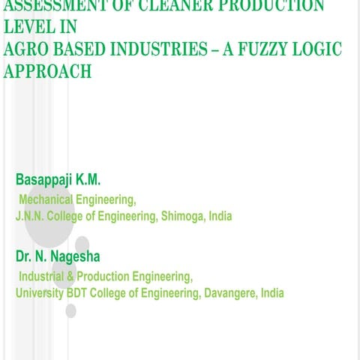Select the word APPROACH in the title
pos(47,71)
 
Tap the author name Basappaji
pos(49,181)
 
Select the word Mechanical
pos(46,199)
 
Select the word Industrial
pos(43,277)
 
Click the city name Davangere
pos(228,293)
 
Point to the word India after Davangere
pos(271,293)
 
